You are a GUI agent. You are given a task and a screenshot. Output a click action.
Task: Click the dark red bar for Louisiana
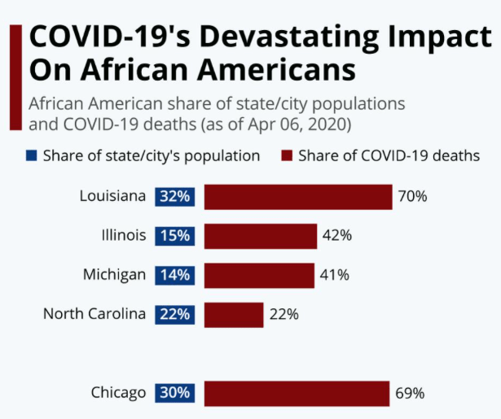coord(297,197)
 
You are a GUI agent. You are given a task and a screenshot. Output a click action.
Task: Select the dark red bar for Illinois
coord(260,236)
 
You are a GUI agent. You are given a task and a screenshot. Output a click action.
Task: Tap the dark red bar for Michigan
coord(258,275)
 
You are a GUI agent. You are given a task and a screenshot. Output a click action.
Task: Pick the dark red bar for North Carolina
coord(233,314)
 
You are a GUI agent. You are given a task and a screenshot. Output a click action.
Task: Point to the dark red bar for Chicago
coord(297,393)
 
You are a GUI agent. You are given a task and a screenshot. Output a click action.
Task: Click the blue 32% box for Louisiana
coord(174,197)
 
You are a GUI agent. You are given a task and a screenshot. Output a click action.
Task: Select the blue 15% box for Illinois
coord(174,236)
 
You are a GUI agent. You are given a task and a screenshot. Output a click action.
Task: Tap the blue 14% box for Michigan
coord(174,275)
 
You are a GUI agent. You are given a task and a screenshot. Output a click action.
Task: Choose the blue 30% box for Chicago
coord(174,393)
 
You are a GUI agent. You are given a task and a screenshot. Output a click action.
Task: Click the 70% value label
coord(411,197)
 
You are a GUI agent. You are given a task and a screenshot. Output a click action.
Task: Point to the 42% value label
coord(336,236)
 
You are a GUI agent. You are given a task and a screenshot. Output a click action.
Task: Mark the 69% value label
coord(409,393)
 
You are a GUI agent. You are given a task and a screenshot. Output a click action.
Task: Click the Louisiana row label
coord(112,196)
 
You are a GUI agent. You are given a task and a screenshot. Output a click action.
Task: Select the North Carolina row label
coord(94,314)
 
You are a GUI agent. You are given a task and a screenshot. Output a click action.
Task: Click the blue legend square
coord(32,155)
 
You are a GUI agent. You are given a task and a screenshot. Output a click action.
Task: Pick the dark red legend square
coord(287,155)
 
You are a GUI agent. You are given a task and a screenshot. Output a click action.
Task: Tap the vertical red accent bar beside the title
coord(15,76)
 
